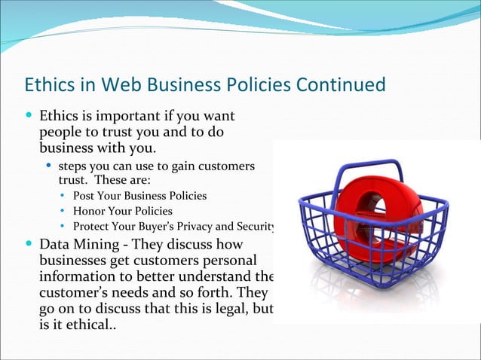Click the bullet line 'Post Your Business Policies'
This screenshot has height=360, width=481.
click(139, 196)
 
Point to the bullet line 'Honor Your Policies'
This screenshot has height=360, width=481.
click(122, 211)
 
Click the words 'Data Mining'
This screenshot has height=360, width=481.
click(74, 245)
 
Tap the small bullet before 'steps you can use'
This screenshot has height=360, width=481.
click(49, 166)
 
